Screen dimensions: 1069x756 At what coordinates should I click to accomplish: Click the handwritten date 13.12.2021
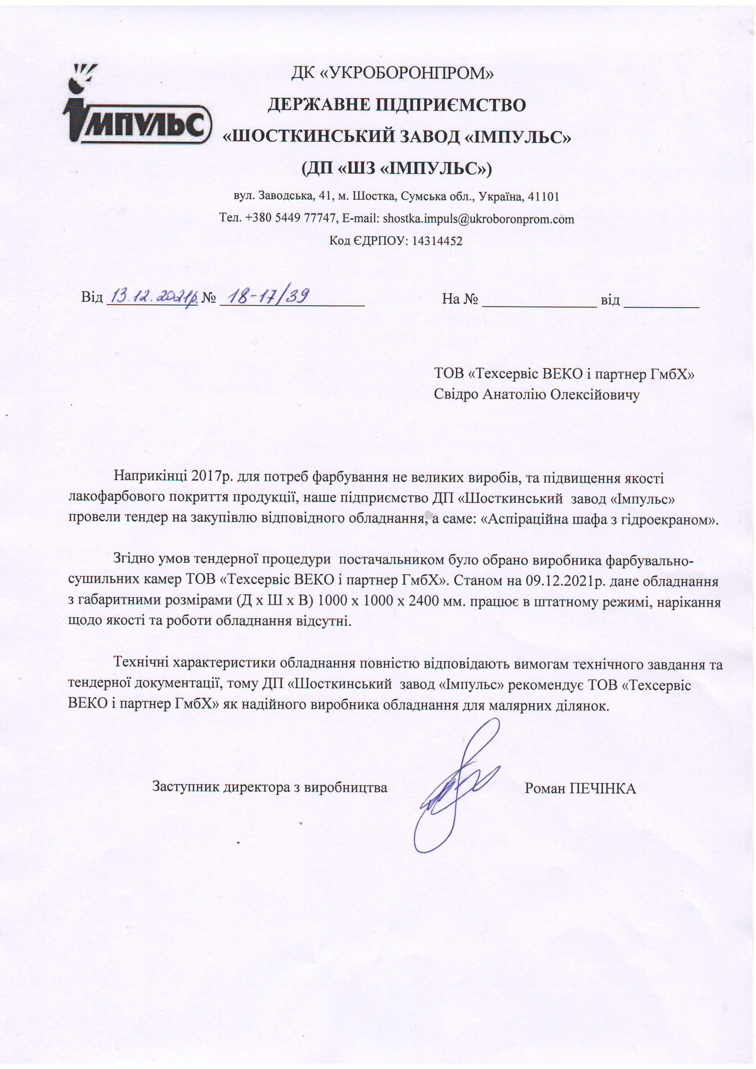point(152,296)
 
